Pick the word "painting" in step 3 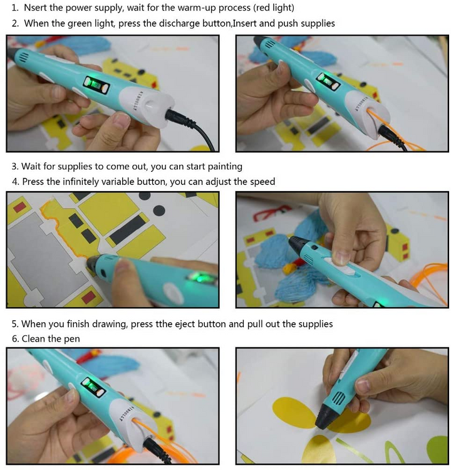tap(222, 167)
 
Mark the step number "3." tap(15, 167)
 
